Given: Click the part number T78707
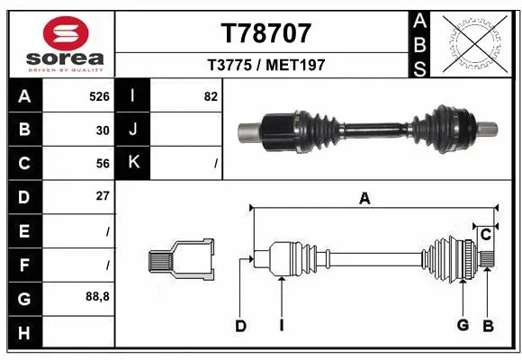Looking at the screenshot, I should (x=265, y=33).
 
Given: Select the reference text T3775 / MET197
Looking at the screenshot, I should (x=265, y=65).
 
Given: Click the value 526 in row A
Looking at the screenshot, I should (x=99, y=95).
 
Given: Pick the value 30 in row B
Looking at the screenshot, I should (x=103, y=129).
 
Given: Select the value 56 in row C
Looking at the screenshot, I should (x=103, y=163).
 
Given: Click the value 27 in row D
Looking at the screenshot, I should (x=103, y=196).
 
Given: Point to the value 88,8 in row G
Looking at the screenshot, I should (x=97, y=296).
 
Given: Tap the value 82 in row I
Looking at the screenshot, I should (x=211, y=95).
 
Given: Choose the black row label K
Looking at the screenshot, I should (x=133, y=163).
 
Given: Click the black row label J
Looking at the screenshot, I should (x=133, y=129).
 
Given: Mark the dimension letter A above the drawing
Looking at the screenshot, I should (x=364, y=200).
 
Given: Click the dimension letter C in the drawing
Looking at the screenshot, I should (x=485, y=235).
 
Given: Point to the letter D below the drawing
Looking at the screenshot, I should (x=240, y=326).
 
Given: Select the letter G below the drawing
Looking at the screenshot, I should (x=463, y=326).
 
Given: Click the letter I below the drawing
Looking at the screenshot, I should (x=281, y=326).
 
